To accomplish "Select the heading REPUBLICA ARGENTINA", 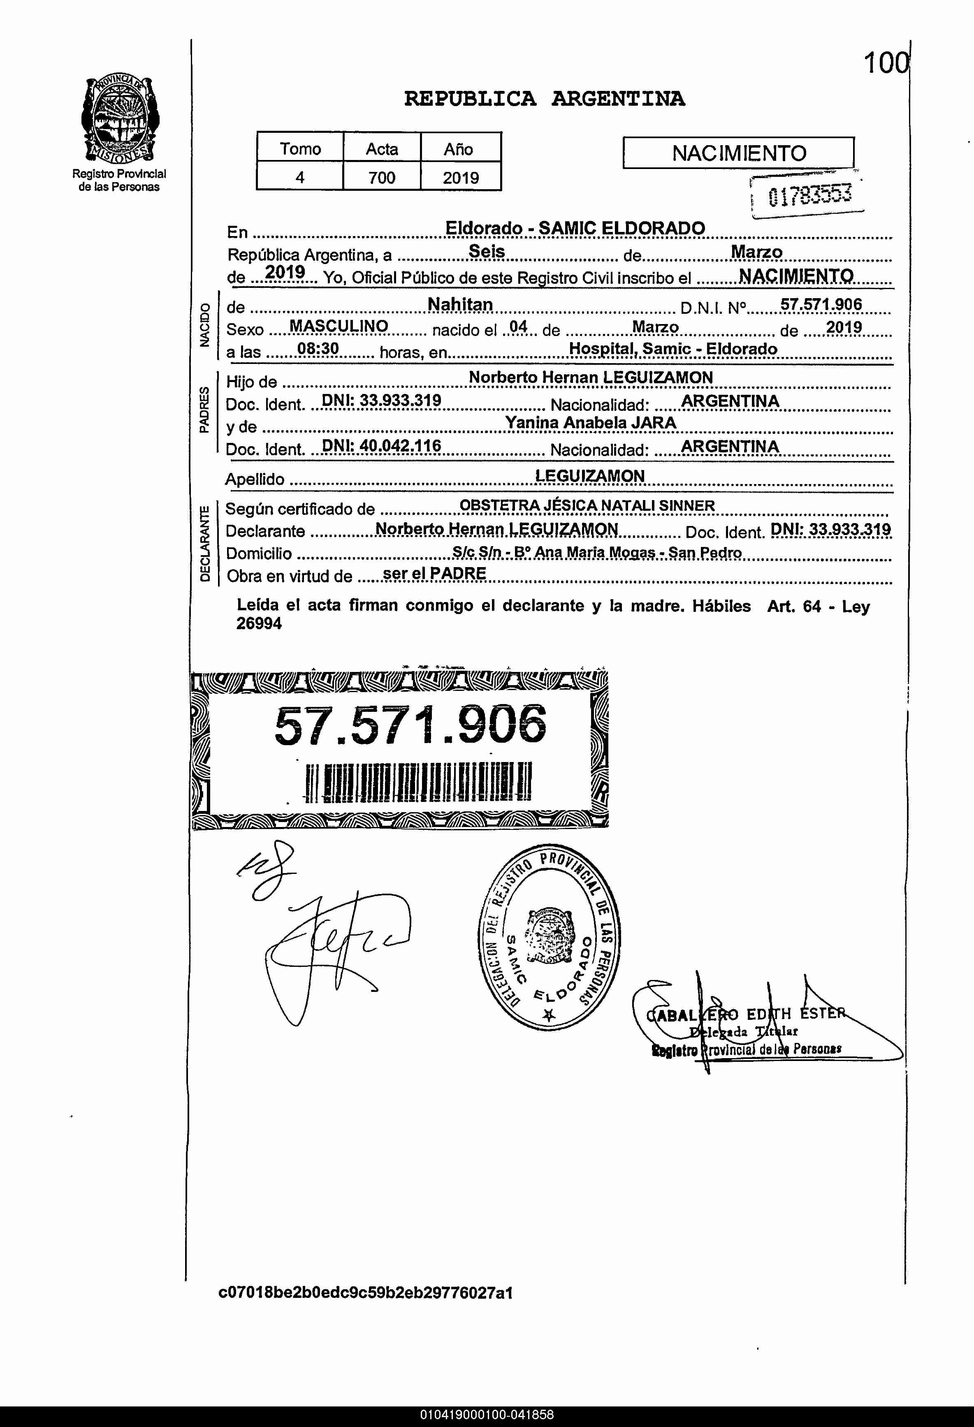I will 544,99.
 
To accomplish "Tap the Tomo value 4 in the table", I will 300,178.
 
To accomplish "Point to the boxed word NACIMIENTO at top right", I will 738,153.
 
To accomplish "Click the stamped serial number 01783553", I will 810,196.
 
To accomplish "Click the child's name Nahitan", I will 460,305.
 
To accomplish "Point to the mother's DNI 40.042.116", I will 381,446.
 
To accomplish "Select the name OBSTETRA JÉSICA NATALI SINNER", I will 587,505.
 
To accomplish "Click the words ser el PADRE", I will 434,574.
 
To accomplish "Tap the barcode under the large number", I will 418,782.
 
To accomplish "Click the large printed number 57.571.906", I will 410,725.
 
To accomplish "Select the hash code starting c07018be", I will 365,1293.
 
